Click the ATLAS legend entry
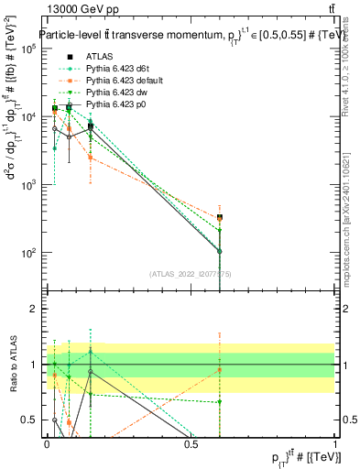click(99, 57)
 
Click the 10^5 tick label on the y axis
click(29, 49)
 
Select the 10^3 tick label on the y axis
click(29, 185)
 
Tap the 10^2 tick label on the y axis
click(29, 253)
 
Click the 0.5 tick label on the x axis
click(191, 444)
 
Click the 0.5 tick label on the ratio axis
click(32, 420)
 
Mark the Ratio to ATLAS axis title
click(12, 364)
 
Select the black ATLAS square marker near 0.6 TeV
click(220, 218)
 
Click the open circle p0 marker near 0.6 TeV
click(220, 251)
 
